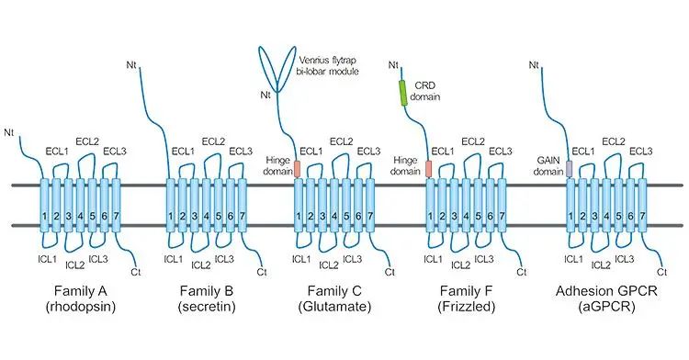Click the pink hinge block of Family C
(x=297, y=169)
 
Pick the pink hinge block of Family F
(x=428, y=169)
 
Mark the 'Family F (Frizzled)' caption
(x=472, y=299)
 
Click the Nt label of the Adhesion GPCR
(x=535, y=64)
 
